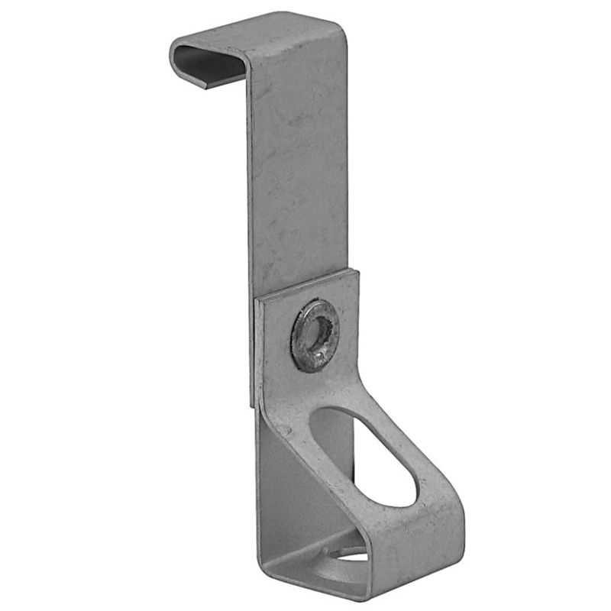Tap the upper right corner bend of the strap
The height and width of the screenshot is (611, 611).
click(x=340, y=23)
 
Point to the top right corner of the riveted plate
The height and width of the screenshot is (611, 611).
click(x=356, y=271)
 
